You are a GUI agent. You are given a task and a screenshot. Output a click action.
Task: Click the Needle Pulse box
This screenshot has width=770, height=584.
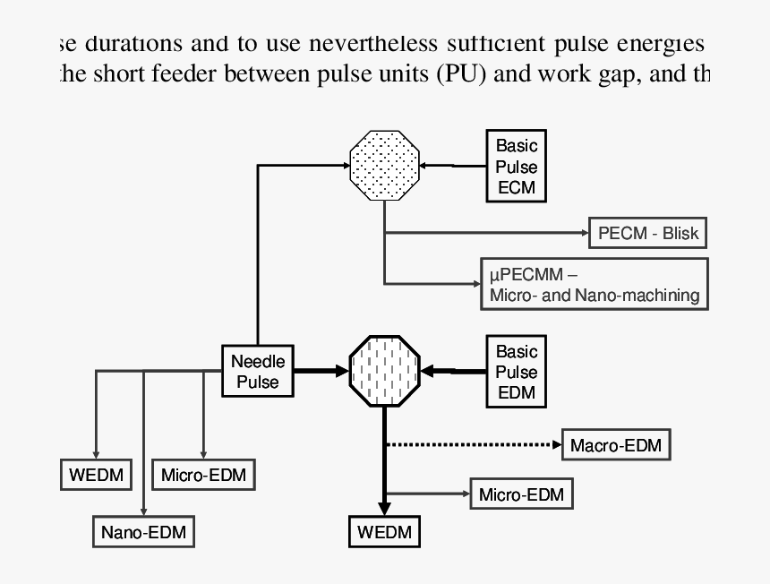coord(259,372)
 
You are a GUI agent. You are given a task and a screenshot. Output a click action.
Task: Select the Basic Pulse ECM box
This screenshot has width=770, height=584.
coord(517,167)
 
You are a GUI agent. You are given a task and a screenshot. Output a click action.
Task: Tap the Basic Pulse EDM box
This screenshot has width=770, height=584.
coord(517,372)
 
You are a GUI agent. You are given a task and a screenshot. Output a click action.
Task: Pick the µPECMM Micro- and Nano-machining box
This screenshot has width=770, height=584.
coord(594,284)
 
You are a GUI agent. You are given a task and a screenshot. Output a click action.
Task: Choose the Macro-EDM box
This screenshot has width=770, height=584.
coord(616,444)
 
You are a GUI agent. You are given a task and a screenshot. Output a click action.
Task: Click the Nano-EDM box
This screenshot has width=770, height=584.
coord(143,533)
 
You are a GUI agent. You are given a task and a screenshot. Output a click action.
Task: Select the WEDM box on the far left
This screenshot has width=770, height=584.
coord(95,474)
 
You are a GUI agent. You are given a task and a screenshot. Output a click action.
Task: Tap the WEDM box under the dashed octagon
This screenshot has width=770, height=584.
coord(384,532)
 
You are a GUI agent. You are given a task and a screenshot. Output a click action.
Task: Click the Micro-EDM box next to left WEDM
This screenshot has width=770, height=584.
coord(203,474)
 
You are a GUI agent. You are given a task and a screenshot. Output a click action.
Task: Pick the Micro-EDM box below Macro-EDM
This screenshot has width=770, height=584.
coord(520,494)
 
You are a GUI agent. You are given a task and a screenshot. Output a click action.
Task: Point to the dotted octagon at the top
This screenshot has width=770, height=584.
coord(384,164)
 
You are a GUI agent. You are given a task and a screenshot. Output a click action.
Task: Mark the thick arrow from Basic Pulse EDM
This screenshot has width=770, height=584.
coord(455,369)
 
